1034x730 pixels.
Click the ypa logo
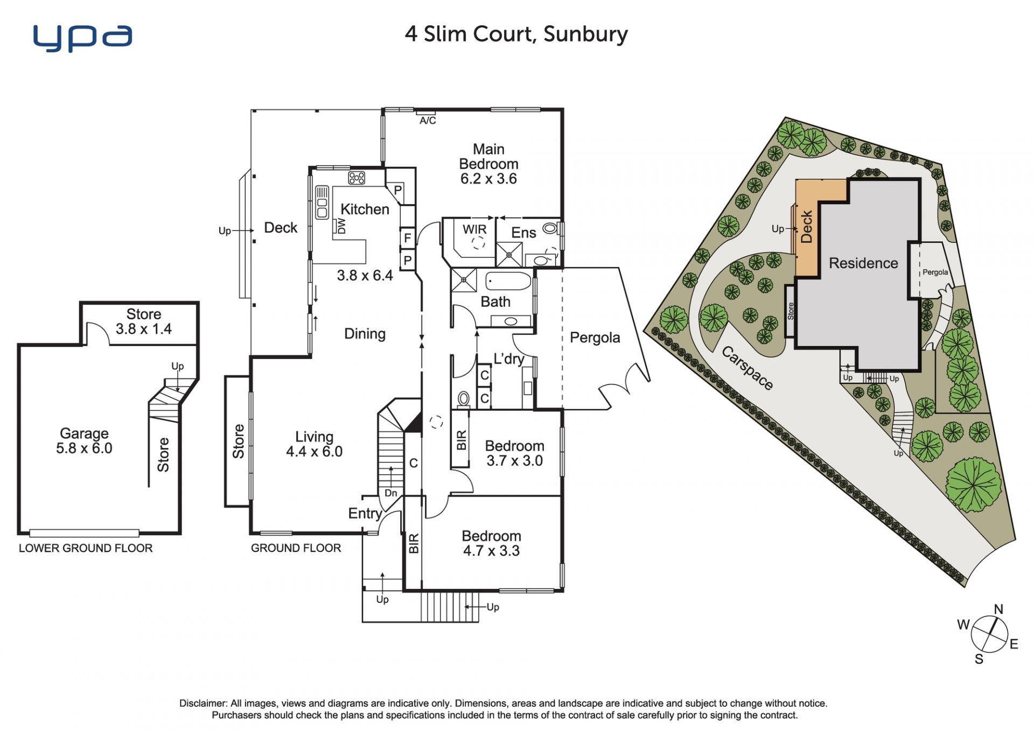click(82, 38)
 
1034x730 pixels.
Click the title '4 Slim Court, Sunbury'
click(516, 34)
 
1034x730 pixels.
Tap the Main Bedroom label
click(488, 156)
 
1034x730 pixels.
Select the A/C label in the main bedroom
click(428, 121)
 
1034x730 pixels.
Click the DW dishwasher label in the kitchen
click(341, 226)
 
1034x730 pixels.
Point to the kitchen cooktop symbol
click(357, 177)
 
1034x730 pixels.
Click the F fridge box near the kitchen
click(408, 237)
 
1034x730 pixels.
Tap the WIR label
click(474, 229)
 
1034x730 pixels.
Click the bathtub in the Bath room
click(508, 281)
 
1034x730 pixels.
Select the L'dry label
click(509, 358)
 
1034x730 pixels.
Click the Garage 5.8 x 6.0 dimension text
click(84, 448)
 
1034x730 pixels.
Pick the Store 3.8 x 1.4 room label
click(144, 321)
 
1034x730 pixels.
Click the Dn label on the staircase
click(391, 493)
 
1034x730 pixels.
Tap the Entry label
click(365, 514)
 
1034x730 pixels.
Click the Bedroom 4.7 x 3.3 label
click(491, 543)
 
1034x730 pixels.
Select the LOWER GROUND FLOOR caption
click(86, 548)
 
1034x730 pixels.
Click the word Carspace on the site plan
click(747, 368)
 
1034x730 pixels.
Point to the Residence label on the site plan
click(863, 263)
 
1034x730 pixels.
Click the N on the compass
click(998, 609)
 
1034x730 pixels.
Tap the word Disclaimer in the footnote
click(203, 703)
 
